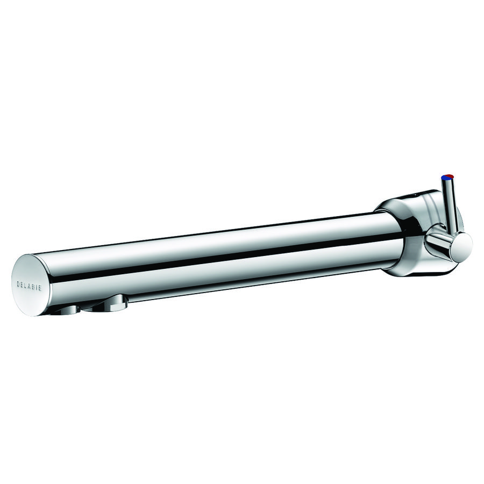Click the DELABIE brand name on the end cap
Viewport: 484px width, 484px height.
(30, 284)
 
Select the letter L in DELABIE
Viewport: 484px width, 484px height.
(26, 284)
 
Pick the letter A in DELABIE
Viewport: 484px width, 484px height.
(30, 284)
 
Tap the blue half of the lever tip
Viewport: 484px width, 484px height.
(444, 177)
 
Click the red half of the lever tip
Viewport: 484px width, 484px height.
(451, 176)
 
